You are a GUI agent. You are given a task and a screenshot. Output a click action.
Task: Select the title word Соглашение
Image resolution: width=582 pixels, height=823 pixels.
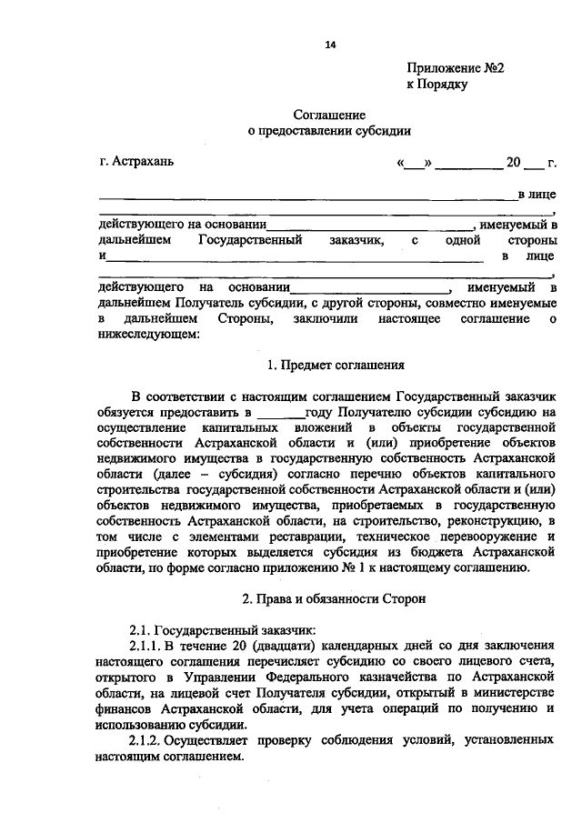pyautogui.click(x=329, y=115)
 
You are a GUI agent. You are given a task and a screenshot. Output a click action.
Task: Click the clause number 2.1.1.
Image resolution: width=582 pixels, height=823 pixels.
pyautogui.click(x=148, y=646)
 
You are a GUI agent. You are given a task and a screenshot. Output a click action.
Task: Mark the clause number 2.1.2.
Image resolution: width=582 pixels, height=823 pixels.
pyautogui.click(x=148, y=740)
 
